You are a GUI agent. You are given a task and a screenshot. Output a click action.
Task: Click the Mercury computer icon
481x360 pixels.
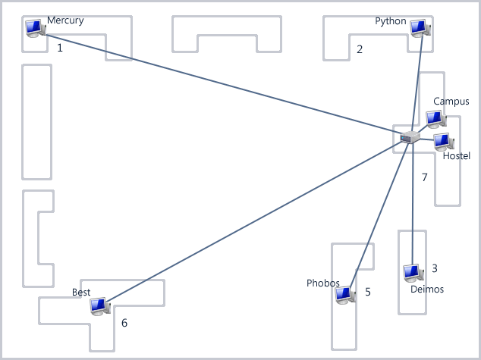point(34,28)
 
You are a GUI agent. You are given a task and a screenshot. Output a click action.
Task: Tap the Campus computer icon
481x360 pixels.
point(435,119)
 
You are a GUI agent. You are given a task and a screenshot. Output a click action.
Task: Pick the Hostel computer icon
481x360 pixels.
point(443,141)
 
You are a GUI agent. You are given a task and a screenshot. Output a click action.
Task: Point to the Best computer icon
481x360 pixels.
point(99,306)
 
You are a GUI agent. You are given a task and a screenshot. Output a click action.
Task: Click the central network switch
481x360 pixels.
point(410,137)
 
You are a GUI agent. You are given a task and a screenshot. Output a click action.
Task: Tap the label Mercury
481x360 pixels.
point(65,20)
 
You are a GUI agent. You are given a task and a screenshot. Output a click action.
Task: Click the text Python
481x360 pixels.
point(391,21)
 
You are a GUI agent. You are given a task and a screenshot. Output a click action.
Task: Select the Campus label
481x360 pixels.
point(451,102)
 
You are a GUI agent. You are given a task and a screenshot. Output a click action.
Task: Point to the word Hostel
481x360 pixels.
point(457,156)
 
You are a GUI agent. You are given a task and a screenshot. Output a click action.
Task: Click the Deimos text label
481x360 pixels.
point(426,290)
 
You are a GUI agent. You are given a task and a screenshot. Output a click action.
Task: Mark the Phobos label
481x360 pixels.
point(323,283)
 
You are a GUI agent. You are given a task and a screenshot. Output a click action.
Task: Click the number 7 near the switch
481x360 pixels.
point(425,177)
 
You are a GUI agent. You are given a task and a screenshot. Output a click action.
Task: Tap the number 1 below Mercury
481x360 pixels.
point(60,47)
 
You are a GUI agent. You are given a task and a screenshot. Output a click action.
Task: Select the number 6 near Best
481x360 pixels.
point(124,323)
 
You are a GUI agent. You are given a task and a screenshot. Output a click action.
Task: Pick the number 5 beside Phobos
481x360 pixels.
point(368,292)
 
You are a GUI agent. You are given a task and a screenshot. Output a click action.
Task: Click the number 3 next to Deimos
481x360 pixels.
point(435,268)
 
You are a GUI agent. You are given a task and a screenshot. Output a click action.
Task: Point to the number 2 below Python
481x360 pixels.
point(360,50)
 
